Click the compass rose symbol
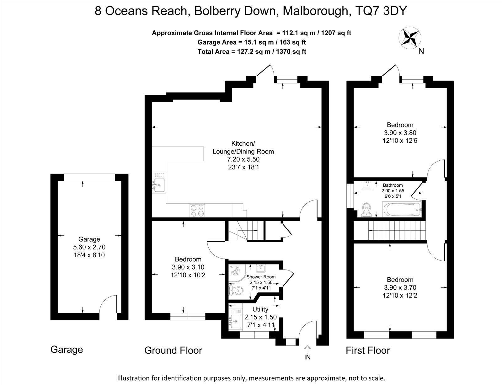point(410,38)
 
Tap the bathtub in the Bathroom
point(402,210)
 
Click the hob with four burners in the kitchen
point(197,210)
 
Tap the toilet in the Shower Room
point(236,291)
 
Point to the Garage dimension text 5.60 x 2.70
point(89,247)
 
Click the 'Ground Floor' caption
point(173,350)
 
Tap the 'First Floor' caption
point(368,350)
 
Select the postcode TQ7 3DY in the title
point(381,11)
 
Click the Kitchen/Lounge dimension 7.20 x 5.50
point(243,159)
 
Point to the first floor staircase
point(397,231)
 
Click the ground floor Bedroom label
point(188,259)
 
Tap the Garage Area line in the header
point(252,42)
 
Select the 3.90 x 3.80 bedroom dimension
point(400,133)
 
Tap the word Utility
point(260,309)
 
